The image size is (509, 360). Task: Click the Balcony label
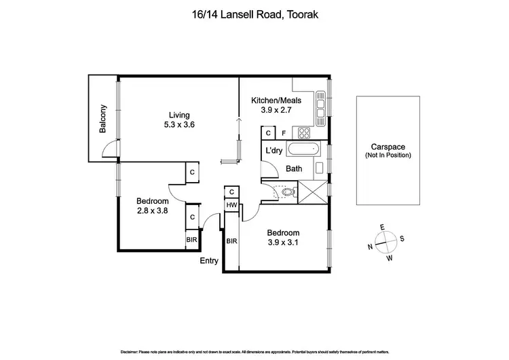tap(104, 119)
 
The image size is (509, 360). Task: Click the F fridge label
tap(283, 134)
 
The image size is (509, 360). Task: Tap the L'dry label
tap(274, 151)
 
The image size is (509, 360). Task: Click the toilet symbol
tap(288, 194)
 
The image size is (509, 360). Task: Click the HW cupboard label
tap(231, 206)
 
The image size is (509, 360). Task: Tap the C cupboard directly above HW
tap(231, 192)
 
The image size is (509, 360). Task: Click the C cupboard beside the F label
tap(268, 134)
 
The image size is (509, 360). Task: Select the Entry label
tap(209, 260)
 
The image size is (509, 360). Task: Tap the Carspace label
tap(388, 147)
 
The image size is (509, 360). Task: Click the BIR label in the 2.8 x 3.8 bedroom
tap(192, 240)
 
